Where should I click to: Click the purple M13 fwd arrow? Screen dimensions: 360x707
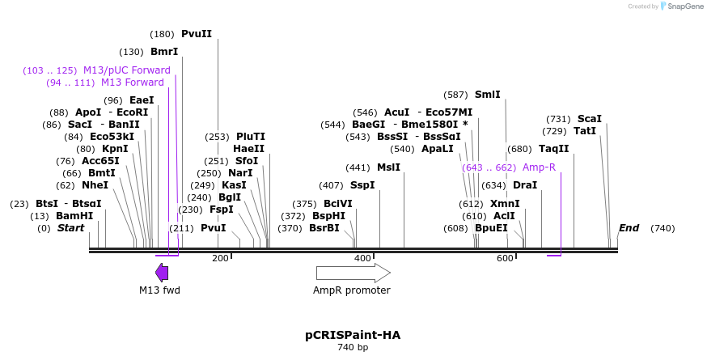(x=162, y=273)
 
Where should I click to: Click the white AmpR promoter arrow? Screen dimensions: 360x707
(x=353, y=273)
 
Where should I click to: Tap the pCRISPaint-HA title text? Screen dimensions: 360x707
(x=353, y=335)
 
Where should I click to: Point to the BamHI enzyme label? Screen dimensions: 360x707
(x=74, y=216)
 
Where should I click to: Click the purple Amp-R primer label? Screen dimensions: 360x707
(x=539, y=167)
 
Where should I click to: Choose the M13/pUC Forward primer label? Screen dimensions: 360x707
(x=127, y=70)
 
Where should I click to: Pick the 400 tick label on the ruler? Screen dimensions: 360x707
(x=362, y=258)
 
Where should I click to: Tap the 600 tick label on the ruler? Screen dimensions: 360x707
(x=505, y=258)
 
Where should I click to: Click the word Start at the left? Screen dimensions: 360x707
(x=70, y=228)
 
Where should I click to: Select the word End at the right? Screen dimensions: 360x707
(x=629, y=228)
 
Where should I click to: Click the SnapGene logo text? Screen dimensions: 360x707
(x=684, y=6)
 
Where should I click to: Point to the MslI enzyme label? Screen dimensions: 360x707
(x=388, y=167)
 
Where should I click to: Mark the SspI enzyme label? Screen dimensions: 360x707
(x=362, y=185)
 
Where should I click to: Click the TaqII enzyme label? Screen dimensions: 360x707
(x=554, y=149)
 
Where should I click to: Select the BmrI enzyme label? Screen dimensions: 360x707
(x=164, y=52)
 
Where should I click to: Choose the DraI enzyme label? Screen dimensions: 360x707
(x=525, y=185)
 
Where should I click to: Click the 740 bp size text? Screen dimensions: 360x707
(x=353, y=348)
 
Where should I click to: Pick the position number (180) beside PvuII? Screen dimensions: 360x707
(x=163, y=34)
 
